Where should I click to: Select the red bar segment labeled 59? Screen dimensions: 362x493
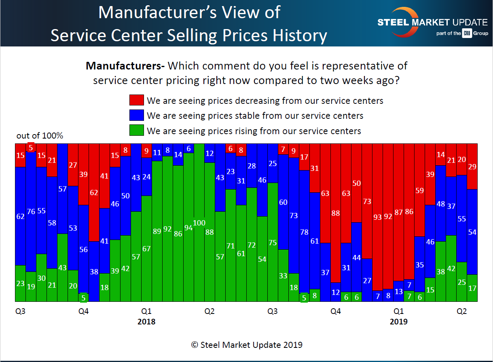(419, 190)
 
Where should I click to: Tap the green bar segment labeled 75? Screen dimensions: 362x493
(273, 242)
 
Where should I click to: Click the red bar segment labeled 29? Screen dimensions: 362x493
(472, 166)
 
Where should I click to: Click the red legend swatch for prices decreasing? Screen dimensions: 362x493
(136, 100)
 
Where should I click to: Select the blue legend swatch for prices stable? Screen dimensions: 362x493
(136, 116)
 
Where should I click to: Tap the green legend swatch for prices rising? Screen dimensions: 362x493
(136, 131)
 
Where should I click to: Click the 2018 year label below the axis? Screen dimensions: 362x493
(146, 322)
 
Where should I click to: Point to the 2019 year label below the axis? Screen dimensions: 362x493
(398, 322)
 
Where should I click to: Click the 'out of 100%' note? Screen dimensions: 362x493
(40, 136)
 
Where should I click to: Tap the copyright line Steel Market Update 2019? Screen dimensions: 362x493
(247, 345)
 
